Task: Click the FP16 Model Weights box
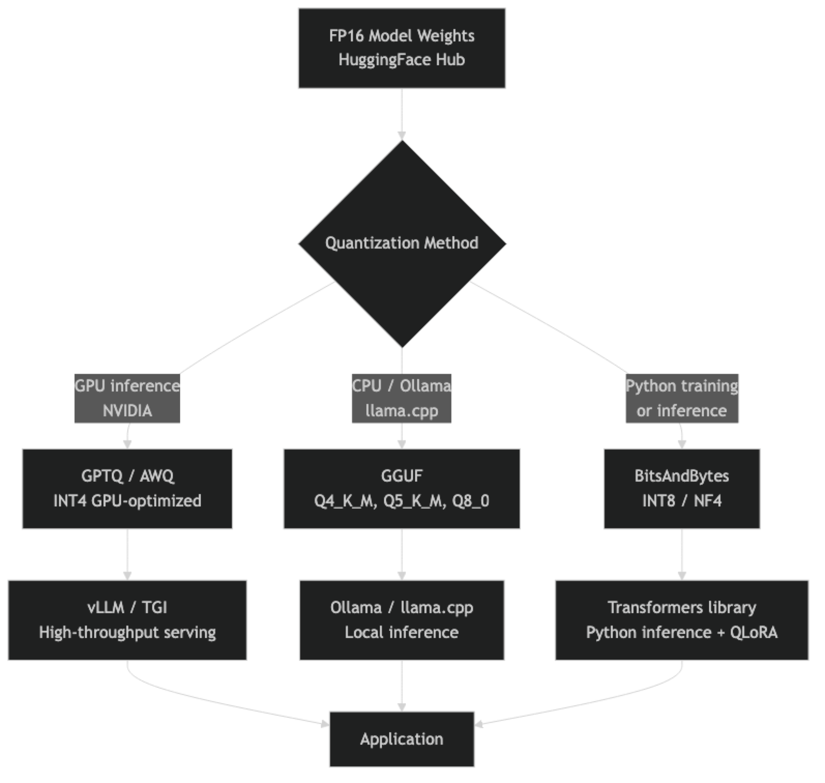click(x=401, y=48)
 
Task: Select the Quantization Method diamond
click(x=402, y=243)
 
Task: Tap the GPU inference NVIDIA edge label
click(x=127, y=398)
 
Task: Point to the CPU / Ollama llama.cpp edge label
click(x=402, y=398)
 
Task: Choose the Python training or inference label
click(x=682, y=398)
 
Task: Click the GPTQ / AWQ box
click(x=127, y=488)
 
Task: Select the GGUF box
click(x=402, y=488)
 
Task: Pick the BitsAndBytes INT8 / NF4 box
click(x=682, y=488)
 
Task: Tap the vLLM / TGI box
click(x=127, y=620)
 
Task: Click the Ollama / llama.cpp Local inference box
click(x=402, y=620)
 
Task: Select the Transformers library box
click(x=682, y=620)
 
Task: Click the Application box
click(x=402, y=739)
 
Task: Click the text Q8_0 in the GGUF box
click(x=470, y=501)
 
